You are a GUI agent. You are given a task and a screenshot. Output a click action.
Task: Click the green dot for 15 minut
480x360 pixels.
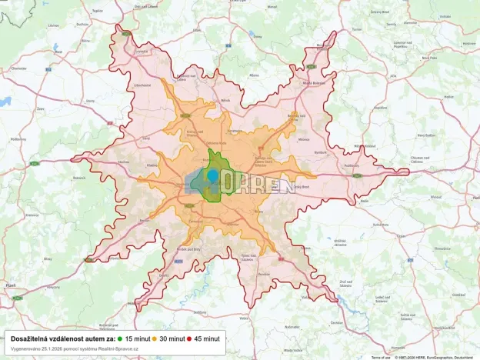pyautogui.click(x=121, y=338)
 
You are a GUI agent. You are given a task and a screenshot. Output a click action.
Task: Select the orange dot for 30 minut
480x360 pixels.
pyautogui.click(x=154, y=338)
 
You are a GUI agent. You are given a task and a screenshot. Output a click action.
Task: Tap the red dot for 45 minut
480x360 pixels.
pyautogui.click(x=188, y=338)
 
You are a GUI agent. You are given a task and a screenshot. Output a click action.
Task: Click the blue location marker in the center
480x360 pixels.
pyautogui.click(x=212, y=176)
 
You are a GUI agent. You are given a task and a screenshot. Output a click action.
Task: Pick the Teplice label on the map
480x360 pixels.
pyautogui.click(x=96, y=11)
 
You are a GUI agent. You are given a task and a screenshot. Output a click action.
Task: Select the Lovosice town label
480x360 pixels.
pyautogui.click(x=141, y=52)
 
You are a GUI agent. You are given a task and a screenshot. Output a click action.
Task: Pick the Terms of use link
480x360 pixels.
pyautogui.click(x=380, y=357)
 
